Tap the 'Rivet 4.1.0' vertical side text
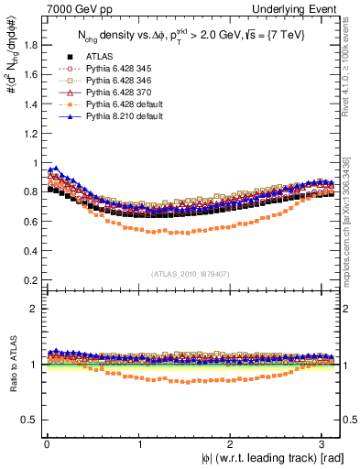(352, 64)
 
